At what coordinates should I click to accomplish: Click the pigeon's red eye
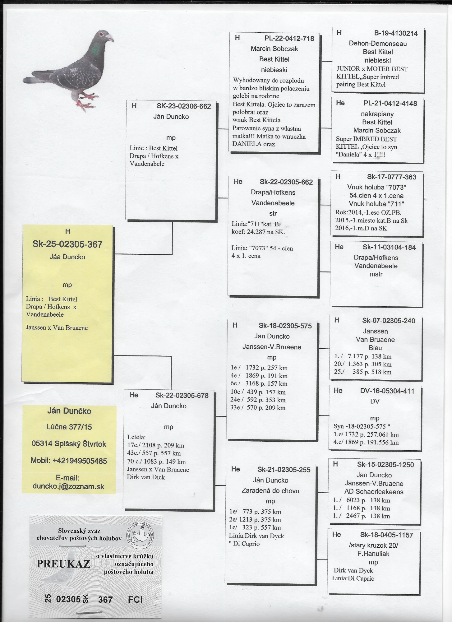(x=101, y=35)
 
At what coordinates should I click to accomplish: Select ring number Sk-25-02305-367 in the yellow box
(x=67, y=244)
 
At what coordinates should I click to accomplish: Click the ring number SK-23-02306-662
(x=184, y=106)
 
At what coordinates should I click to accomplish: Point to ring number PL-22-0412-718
(x=289, y=39)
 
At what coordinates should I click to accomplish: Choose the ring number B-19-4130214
(x=395, y=34)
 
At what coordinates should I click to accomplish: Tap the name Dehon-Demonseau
(x=378, y=44)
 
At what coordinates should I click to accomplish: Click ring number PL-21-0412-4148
(x=390, y=104)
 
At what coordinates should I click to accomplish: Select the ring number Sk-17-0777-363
(x=391, y=177)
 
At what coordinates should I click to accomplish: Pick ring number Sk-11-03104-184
(x=389, y=247)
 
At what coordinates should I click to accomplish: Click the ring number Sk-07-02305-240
(x=388, y=321)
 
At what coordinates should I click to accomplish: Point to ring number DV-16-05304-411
(x=387, y=391)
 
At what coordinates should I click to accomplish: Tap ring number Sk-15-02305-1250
(x=385, y=465)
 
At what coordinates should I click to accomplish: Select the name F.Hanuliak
(x=373, y=554)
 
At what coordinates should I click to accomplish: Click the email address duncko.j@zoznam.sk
(x=68, y=487)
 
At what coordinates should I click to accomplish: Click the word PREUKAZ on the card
(x=63, y=564)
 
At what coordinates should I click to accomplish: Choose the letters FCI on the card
(x=135, y=599)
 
